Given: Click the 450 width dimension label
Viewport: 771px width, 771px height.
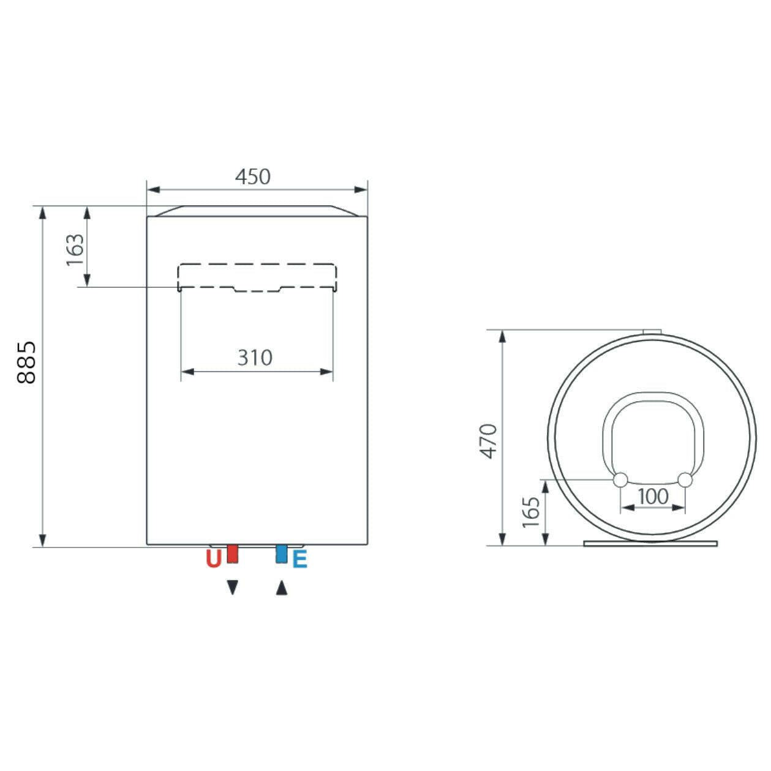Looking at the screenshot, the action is tap(252, 176).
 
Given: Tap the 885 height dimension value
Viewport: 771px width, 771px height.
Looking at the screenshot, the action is tap(27, 363).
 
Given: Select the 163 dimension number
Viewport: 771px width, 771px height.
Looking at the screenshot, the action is tap(75, 250).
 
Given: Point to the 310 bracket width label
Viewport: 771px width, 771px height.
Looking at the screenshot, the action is tap(255, 357).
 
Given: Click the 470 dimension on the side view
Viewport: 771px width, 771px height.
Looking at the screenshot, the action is tap(489, 441).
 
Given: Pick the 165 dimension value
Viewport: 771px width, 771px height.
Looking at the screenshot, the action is tap(532, 513).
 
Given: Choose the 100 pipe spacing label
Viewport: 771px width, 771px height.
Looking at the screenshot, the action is tap(653, 497).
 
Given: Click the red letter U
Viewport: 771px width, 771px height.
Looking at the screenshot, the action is tap(214, 559).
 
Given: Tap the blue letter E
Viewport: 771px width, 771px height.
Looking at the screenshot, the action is tap(299, 559).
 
